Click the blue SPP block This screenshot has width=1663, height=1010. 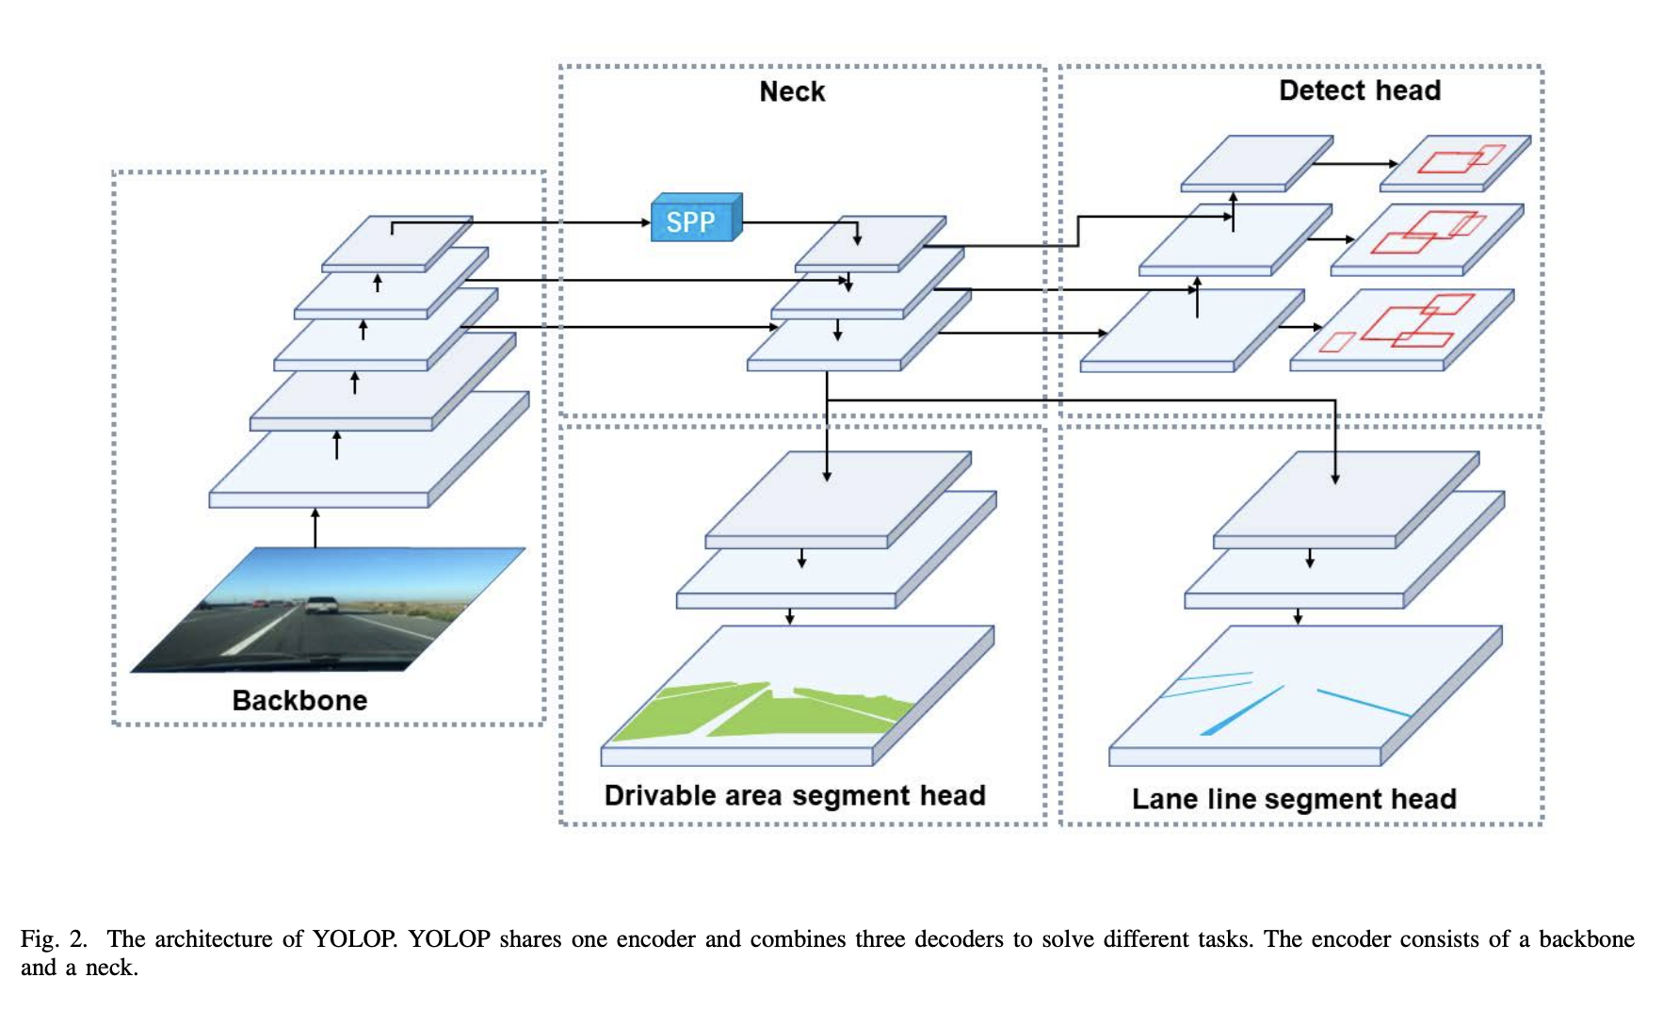[x=695, y=220]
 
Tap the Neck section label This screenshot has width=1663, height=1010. [x=792, y=91]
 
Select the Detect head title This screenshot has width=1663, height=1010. [x=1359, y=90]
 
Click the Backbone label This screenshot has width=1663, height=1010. [x=299, y=700]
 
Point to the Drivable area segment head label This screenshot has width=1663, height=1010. [x=794, y=795]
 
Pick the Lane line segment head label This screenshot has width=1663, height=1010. [x=1293, y=799]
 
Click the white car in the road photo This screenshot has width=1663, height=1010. [x=322, y=604]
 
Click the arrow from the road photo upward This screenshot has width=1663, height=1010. [x=315, y=528]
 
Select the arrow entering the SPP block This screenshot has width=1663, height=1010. [x=603, y=223]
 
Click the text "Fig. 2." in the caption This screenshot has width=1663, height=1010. [x=54, y=939]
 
